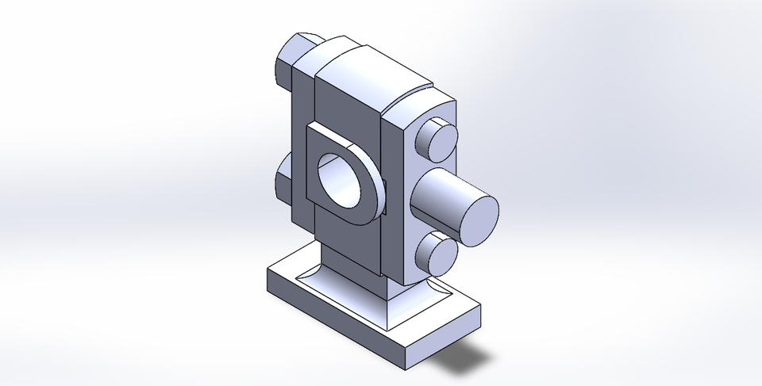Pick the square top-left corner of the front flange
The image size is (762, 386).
(312, 128)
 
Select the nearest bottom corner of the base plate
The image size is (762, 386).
(406, 369)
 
